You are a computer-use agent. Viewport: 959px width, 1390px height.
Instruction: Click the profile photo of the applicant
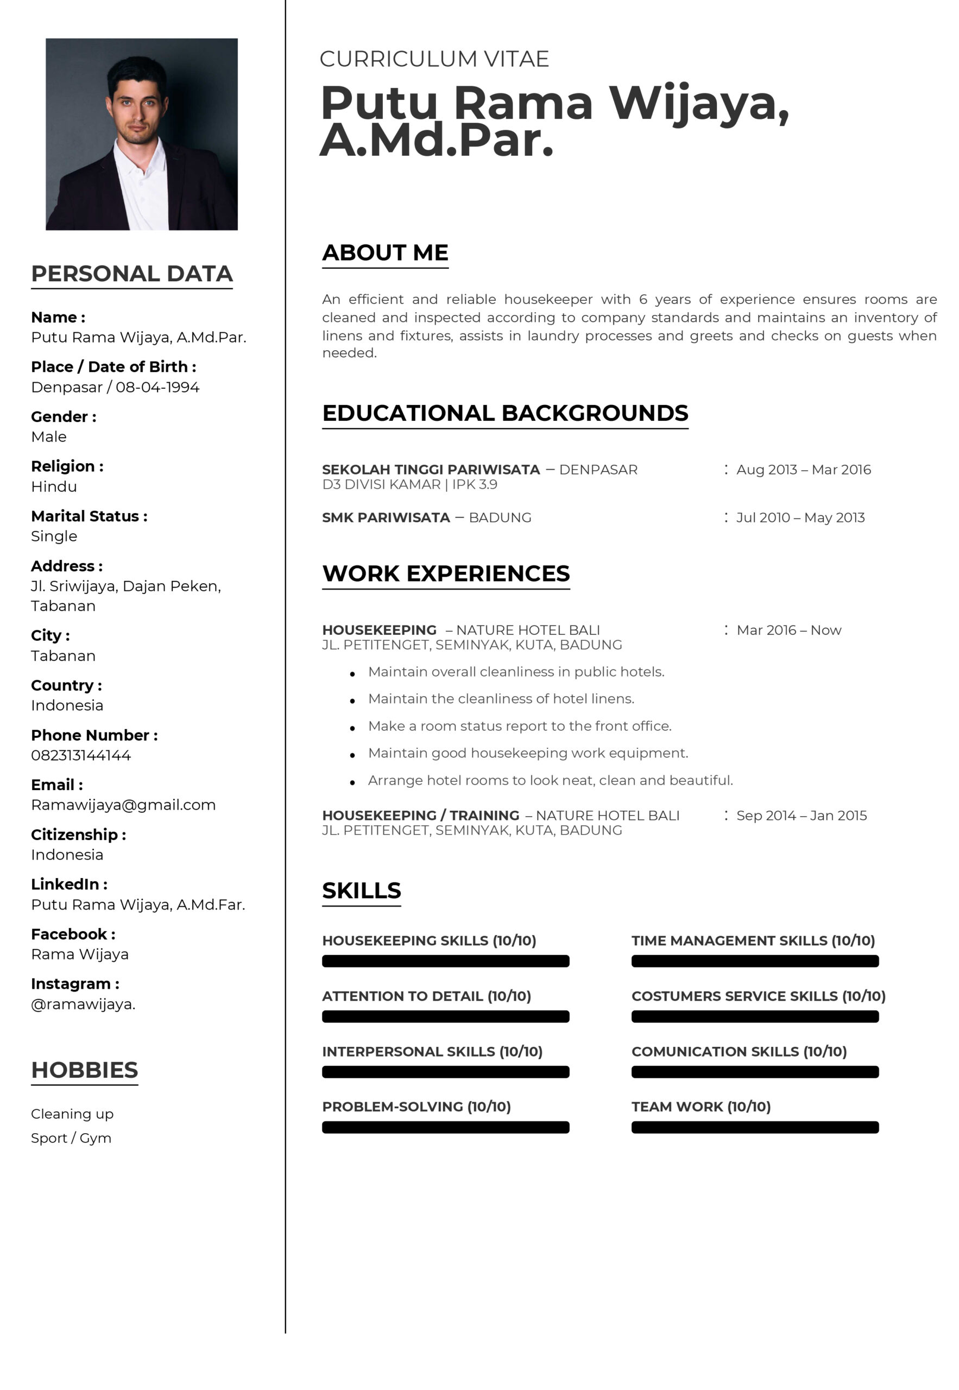point(141,134)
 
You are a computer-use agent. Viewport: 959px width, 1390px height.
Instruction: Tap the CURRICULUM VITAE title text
point(434,59)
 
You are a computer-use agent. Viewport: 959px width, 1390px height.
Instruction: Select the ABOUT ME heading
point(385,252)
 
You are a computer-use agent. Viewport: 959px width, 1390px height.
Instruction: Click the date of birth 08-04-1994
point(157,388)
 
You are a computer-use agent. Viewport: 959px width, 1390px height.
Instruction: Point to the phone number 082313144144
point(81,756)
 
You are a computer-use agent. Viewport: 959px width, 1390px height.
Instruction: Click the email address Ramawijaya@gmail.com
point(123,805)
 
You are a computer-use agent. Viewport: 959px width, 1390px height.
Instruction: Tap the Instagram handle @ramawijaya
point(83,1004)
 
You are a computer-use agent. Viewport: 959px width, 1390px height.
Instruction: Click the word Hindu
point(54,486)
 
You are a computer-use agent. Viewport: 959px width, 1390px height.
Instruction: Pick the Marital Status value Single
point(54,536)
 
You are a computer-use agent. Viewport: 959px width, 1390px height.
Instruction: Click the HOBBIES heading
point(85,1070)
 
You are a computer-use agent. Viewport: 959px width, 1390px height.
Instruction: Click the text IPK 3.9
point(475,485)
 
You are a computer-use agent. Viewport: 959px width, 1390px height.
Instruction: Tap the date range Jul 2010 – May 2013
point(800,518)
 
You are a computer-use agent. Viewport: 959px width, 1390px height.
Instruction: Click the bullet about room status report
point(520,726)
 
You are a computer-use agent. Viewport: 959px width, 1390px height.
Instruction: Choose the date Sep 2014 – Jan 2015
point(802,816)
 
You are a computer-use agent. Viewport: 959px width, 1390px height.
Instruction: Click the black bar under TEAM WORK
point(755,1128)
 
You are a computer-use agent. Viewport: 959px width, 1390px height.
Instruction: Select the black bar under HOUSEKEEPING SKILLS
point(445,961)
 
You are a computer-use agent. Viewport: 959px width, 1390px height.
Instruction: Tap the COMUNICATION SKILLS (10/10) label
point(739,1052)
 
